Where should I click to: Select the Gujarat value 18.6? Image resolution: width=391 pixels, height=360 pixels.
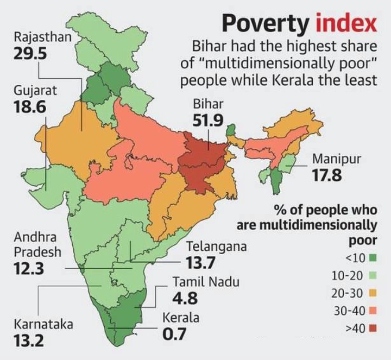(x=29, y=107)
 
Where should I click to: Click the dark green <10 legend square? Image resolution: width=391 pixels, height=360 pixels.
(x=373, y=258)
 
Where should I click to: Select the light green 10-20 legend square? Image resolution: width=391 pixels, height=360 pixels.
(x=373, y=276)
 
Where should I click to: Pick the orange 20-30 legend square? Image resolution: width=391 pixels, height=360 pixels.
(x=373, y=293)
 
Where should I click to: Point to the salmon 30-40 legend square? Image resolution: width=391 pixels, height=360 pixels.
(x=373, y=311)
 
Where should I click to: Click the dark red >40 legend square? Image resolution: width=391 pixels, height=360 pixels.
(x=373, y=328)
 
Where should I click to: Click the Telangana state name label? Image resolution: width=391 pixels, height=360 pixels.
(x=216, y=247)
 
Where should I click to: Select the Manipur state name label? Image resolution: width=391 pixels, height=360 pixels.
(x=337, y=160)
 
